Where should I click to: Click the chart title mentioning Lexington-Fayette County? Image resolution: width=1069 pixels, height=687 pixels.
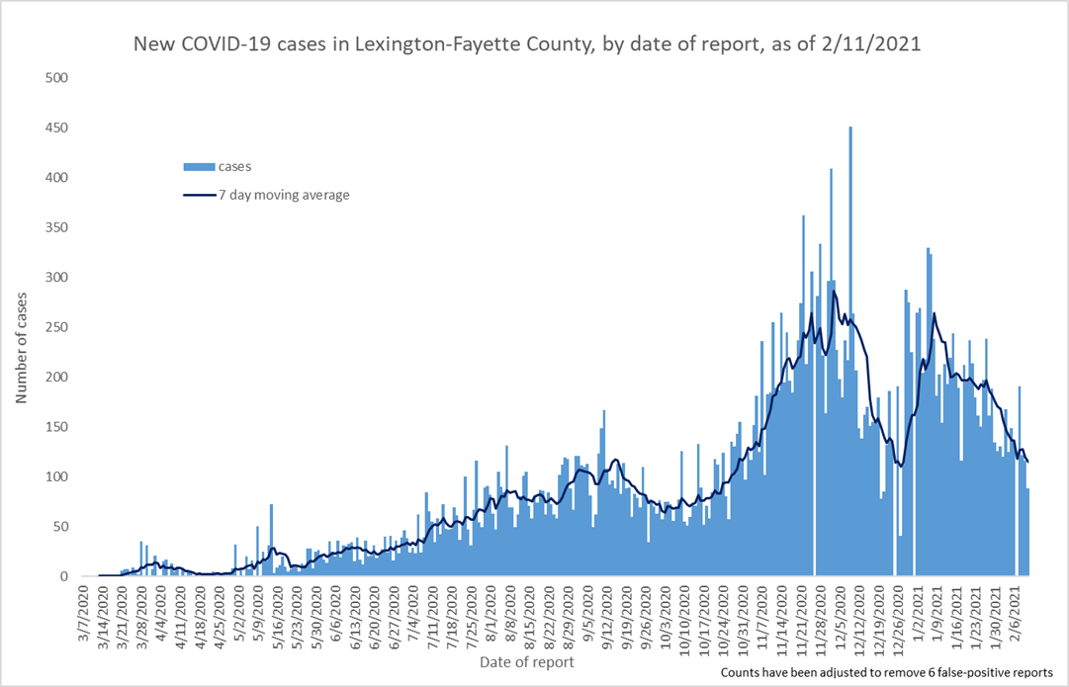pos(534,44)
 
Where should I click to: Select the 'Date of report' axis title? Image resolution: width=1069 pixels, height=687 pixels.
pos(526,660)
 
